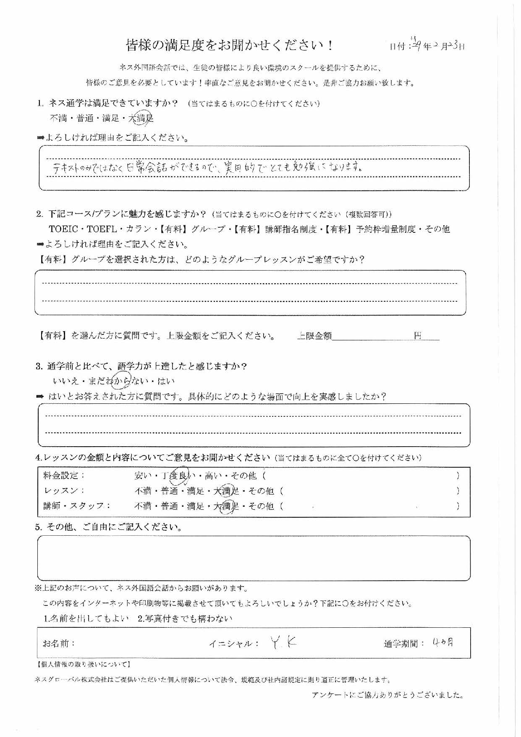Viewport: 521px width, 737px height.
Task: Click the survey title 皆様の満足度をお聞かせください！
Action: coord(230,45)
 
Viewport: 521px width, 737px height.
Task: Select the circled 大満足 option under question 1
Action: coord(141,119)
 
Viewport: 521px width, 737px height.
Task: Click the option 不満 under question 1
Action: coord(58,119)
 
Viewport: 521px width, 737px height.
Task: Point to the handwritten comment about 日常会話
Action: coord(206,168)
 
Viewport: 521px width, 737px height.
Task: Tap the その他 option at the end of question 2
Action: coord(437,229)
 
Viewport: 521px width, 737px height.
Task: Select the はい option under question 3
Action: coord(166,382)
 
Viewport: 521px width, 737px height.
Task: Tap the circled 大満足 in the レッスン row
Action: coord(226,491)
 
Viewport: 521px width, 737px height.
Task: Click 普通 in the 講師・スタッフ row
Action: coord(169,506)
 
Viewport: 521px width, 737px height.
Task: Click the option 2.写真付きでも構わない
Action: coord(185,619)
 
